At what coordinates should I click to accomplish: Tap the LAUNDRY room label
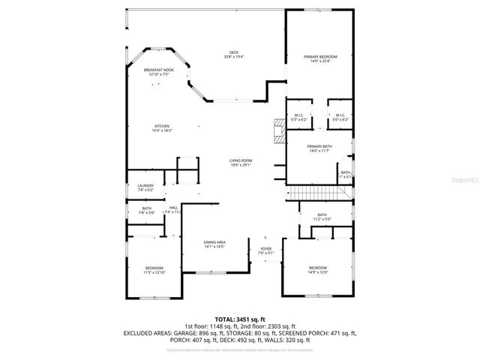point(145,187)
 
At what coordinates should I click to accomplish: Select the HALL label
point(173,209)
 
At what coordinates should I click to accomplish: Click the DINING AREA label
point(214,243)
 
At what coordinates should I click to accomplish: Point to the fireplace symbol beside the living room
point(279,133)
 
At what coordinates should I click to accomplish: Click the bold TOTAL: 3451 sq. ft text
point(239,319)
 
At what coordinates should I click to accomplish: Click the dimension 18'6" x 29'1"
point(241,165)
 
